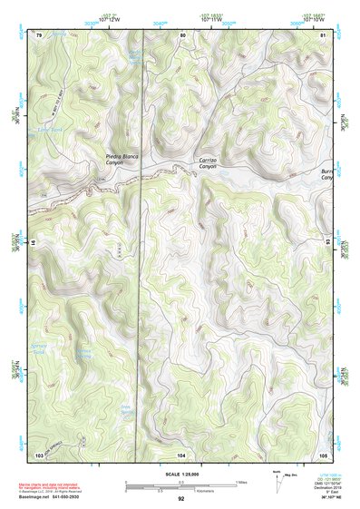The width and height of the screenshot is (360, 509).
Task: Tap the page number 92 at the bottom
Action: point(180,499)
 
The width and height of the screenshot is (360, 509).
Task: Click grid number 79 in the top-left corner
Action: point(39,34)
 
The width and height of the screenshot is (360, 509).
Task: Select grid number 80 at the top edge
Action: point(182,34)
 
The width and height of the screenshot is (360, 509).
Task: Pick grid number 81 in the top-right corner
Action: point(323,34)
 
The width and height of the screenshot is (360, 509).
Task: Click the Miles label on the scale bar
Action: point(241,482)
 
